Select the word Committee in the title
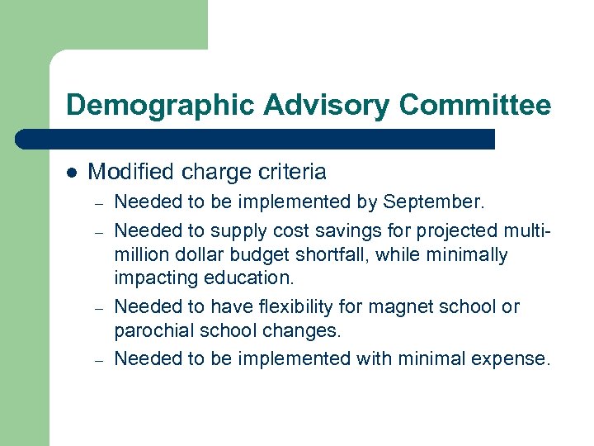[474, 105]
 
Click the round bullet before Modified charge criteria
[72, 173]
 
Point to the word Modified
[125, 173]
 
